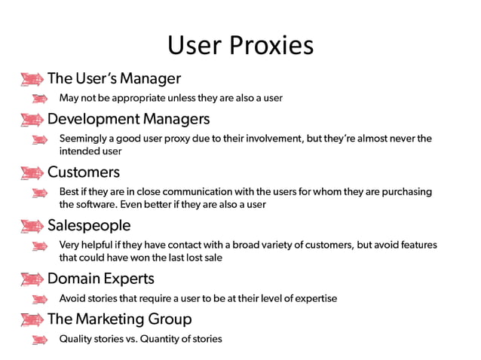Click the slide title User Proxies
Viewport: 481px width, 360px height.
click(x=240, y=45)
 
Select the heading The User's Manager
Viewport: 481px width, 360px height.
click(x=114, y=78)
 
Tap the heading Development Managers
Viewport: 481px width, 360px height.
click(x=128, y=119)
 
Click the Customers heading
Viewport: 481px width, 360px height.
click(x=84, y=172)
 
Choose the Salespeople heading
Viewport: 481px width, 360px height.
click(x=89, y=225)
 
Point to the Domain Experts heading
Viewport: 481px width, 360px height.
click(x=100, y=279)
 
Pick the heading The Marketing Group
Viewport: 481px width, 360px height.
click(x=119, y=319)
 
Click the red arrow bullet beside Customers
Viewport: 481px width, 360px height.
click(x=32, y=173)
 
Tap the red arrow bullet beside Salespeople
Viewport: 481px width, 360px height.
click(x=32, y=226)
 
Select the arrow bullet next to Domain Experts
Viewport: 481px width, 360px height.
click(x=32, y=279)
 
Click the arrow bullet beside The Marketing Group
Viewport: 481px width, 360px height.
click(x=32, y=319)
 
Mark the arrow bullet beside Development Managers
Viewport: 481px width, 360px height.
click(x=32, y=120)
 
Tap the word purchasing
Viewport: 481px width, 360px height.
click(x=406, y=192)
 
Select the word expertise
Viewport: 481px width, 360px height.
click(x=313, y=299)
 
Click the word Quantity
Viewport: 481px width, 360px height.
click(x=161, y=339)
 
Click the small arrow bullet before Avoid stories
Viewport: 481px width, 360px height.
click(x=41, y=299)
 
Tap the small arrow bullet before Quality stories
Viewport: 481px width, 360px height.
click(x=41, y=339)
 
